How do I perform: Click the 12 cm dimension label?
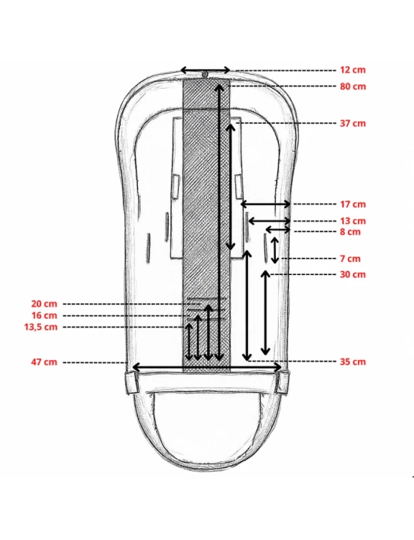pyautogui.click(x=353, y=70)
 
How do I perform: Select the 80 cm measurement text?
pyautogui.click(x=353, y=86)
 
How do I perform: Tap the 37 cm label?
pyautogui.click(x=353, y=123)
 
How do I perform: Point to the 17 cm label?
pyautogui.click(x=353, y=204)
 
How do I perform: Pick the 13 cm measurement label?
pyautogui.click(x=353, y=221)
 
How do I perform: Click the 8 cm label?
pyautogui.click(x=350, y=232)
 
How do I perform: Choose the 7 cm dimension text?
pyautogui.click(x=350, y=258)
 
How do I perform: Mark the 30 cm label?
pyautogui.click(x=353, y=274)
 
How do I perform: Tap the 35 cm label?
pyautogui.click(x=353, y=361)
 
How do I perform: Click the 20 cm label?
pyautogui.click(x=44, y=304)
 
